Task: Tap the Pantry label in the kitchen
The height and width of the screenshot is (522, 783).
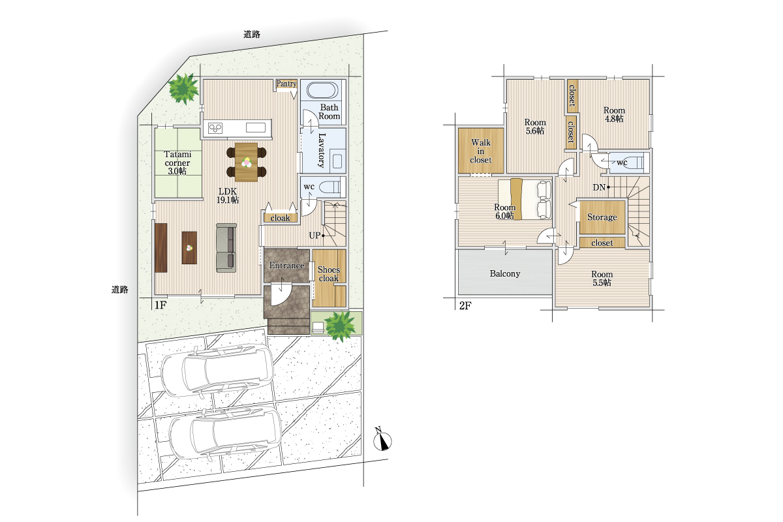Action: tap(286, 84)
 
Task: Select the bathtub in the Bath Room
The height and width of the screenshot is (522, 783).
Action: tap(322, 90)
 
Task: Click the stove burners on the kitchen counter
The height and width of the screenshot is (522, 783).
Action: tap(215, 129)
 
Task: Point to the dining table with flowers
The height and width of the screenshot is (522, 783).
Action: tap(247, 162)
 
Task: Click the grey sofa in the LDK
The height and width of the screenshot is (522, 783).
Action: tap(226, 248)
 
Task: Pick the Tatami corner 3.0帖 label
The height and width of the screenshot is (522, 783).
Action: tap(177, 162)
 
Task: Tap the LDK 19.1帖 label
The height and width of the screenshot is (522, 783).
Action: tap(228, 196)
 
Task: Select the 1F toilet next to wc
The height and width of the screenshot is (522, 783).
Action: tap(330, 187)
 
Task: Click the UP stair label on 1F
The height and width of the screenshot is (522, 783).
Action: tap(315, 236)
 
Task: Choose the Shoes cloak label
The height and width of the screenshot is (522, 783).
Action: tap(329, 274)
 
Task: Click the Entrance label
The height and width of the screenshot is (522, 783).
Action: tap(286, 266)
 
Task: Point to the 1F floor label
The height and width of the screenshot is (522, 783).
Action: tap(160, 305)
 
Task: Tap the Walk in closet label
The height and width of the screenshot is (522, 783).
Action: tap(481, 151)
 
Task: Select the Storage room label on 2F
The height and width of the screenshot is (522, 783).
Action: tap(602, 217)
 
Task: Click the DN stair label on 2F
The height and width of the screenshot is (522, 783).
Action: tap(599, 187)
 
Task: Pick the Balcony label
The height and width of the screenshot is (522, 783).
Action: tap(505, 274)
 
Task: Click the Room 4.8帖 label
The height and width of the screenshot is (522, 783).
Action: tap(614, 114)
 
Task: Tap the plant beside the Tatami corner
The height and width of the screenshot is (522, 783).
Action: tap(183, 89)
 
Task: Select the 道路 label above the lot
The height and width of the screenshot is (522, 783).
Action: tap(252, 35)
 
